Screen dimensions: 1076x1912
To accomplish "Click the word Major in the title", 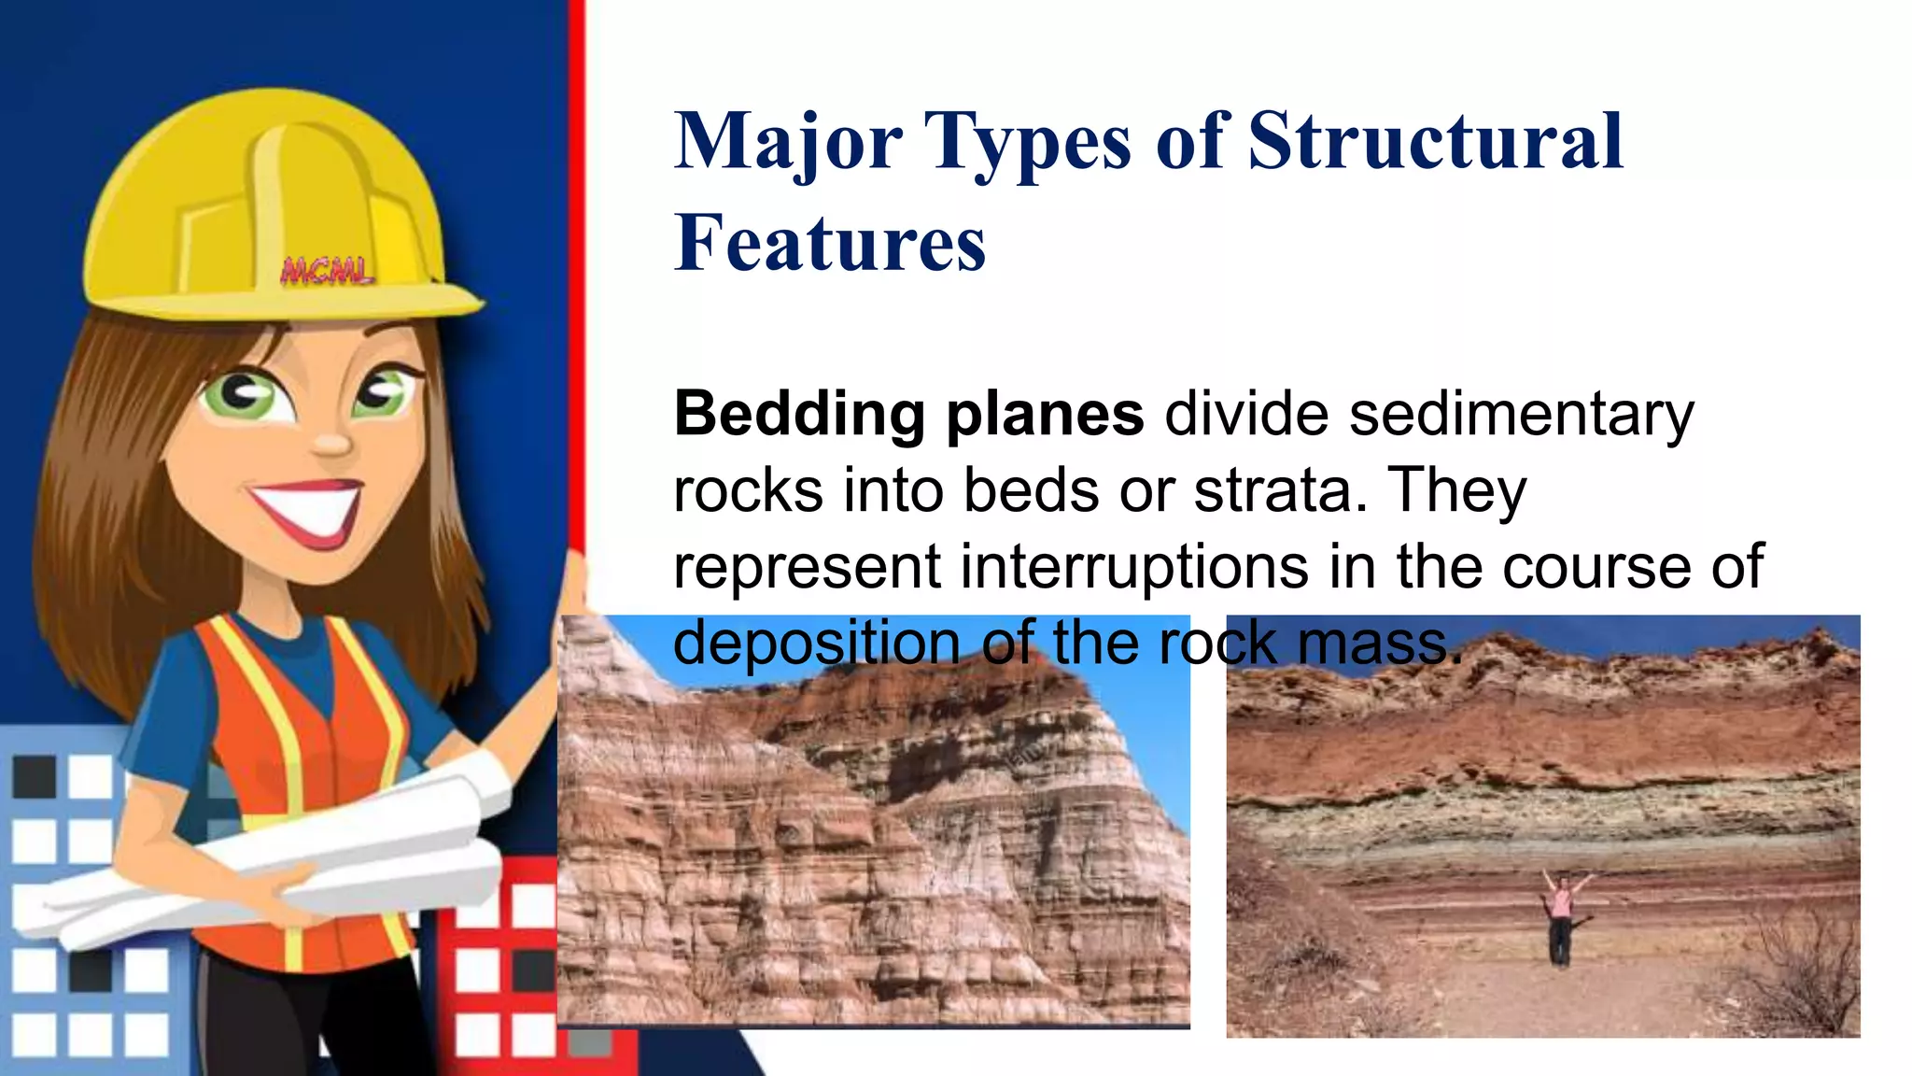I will (789, 142).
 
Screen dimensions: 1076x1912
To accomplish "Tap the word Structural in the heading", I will (1436, 142).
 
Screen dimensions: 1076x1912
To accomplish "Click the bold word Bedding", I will (799, 414).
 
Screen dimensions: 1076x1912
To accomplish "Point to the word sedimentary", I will (1521, 414).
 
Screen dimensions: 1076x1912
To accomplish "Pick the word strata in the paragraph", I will (1273, 490).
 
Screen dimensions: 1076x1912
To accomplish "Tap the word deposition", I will (817, 644).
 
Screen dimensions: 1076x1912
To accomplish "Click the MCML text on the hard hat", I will (327, 272).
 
